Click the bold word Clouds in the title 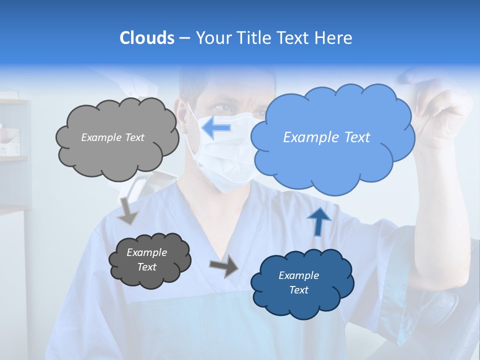(x=146, y=38)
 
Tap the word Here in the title (x=334, y=38)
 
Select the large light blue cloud (x=332, y=160)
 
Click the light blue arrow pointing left (x=216, y=128)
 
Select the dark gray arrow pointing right (x=224, y=266)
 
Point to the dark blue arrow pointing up (x=319, y=221)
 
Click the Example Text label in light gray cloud (x=112, y=137)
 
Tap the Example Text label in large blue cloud (x=326, y=137)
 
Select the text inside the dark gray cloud (x=146, y=259)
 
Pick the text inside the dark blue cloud (x=298, y=282)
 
